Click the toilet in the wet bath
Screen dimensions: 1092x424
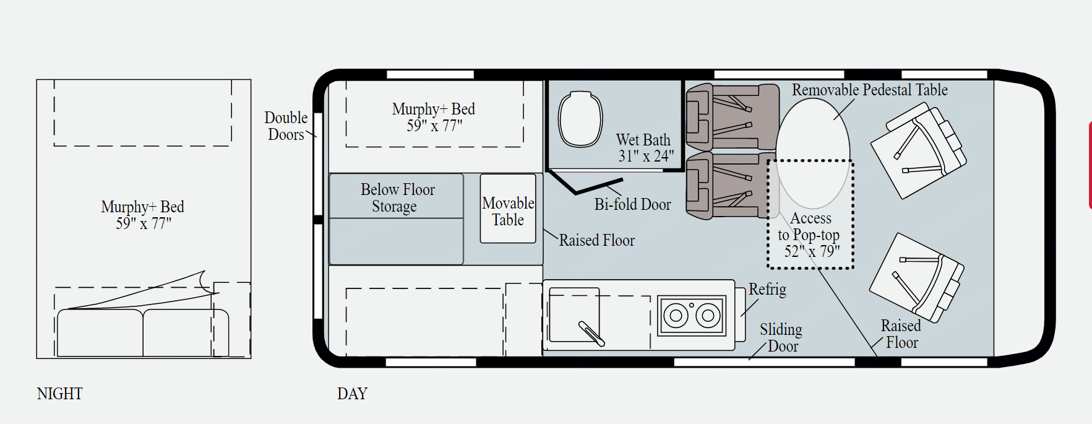coord(580,119)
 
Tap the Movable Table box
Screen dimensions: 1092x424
coord(508,209)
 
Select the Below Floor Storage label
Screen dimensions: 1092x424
coord(397,197)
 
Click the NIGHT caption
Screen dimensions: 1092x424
coord(59,394)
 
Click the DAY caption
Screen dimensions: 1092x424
coord(352,394)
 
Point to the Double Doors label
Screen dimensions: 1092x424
coord(286,126)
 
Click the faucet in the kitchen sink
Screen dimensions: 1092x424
coord(591,333)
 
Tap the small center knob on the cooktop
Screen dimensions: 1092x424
coord(692,305)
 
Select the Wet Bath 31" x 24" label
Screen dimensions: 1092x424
coord(645,148)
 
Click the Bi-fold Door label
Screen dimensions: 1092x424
coord(632,204)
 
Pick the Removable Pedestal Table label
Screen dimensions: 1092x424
coord(870,90)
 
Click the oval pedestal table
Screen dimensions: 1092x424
coord(813,154)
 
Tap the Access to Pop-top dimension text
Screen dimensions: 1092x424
coord(812,251)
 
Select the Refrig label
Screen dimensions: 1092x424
coord(767,289)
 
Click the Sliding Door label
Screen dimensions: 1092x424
coord(781,338)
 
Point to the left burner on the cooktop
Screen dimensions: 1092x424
coord(676,316)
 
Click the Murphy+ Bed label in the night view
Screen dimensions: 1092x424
coord(143,215)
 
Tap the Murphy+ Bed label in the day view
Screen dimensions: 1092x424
coord(434,117)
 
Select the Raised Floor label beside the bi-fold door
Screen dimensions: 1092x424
coord(597,240)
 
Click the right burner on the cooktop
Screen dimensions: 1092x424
coord(708,316)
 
